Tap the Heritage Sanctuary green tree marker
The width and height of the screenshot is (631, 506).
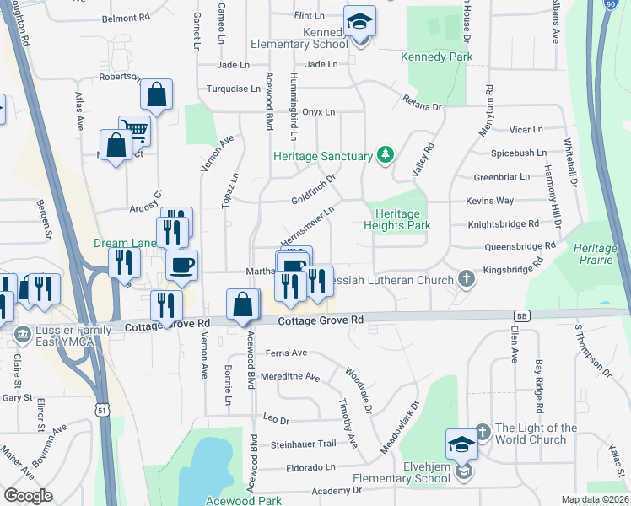point(386,154)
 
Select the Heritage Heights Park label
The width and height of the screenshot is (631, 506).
point(397,219)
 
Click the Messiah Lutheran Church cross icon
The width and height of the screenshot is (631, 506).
point(465,278)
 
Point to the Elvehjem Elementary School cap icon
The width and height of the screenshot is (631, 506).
point(461,444)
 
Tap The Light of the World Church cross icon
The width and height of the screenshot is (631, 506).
point(482,432)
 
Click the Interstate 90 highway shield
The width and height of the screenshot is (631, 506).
point(610,4)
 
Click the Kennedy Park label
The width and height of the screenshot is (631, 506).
point(437,57)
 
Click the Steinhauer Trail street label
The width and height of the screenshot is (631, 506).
point(303,444)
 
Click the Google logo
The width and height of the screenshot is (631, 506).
point(28,496)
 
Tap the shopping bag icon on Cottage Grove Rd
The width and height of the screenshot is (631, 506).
point(243,304)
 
